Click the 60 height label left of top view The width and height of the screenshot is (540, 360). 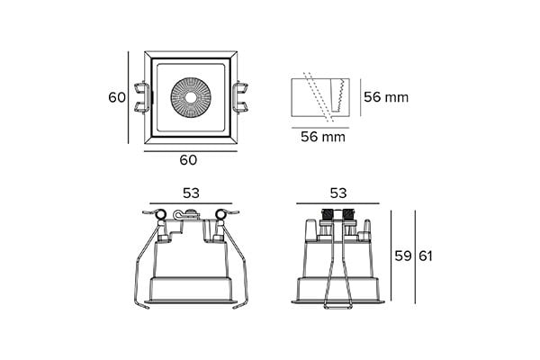pos(117,97)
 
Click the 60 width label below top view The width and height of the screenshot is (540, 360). pos(188,160)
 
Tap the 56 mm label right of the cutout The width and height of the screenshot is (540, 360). pos(386,97)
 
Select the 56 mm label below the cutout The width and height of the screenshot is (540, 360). pos(323,137)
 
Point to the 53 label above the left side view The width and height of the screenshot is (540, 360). pos(191,193)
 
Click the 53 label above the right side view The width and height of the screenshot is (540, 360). pos(338,193)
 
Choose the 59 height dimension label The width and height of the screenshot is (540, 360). pos(403,256)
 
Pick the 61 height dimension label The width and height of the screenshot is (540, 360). pos(426,256)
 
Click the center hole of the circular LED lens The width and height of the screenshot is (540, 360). pos(190,97)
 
